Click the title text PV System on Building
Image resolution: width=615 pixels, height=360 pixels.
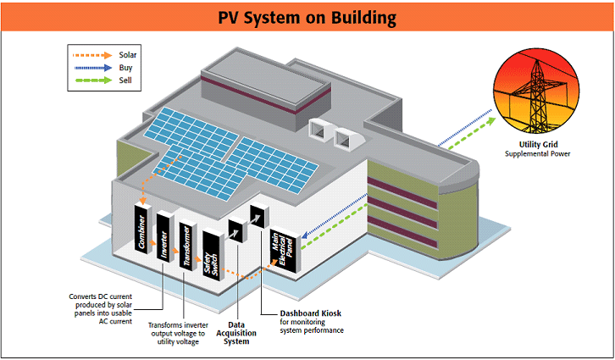click(x=307, y=16)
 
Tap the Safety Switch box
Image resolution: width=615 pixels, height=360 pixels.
click(x=211, y=257)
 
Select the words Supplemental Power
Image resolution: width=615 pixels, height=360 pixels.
click(x=538, y=154)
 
